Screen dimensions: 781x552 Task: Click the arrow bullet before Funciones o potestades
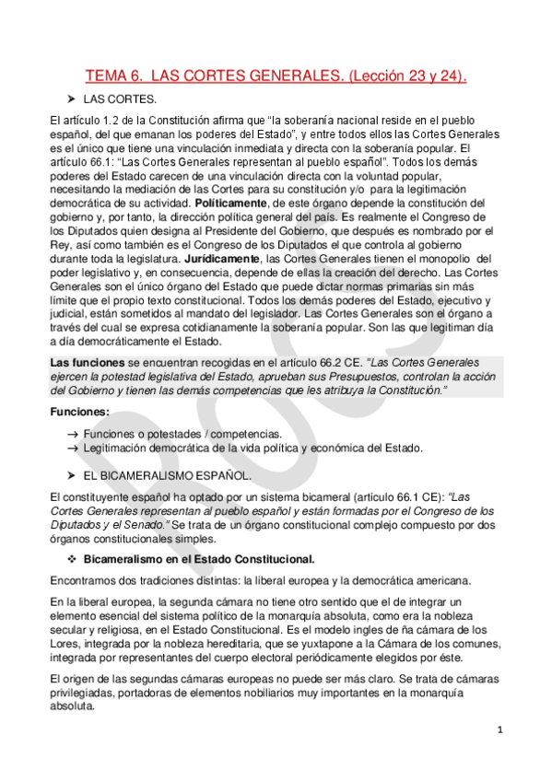(x=73, y=434)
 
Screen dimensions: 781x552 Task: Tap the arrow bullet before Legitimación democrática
(x=73, y=448)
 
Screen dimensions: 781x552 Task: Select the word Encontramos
(x=89, y=580)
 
